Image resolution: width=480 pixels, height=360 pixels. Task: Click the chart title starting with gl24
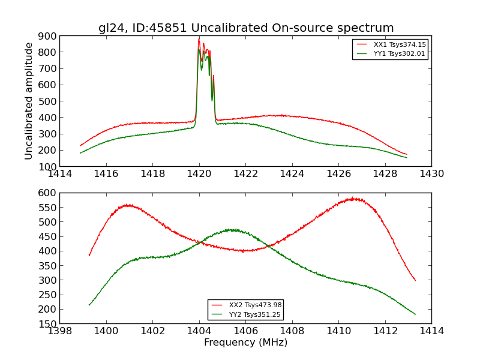246,28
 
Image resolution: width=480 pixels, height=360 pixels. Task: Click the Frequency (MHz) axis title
245,343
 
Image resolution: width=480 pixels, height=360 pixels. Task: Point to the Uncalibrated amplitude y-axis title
29,101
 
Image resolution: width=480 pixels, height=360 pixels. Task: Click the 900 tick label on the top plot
47,36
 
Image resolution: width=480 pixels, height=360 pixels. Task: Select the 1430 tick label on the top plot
431,174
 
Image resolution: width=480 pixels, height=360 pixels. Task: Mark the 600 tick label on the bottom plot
47,193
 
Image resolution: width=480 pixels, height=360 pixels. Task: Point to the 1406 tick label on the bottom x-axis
245,331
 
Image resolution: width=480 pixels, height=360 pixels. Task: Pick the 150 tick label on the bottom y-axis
47,324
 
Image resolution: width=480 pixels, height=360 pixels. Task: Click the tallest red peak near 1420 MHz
199,40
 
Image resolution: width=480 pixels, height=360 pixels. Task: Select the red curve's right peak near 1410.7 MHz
354,199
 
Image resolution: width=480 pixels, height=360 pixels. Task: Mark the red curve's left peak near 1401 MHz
128,205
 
